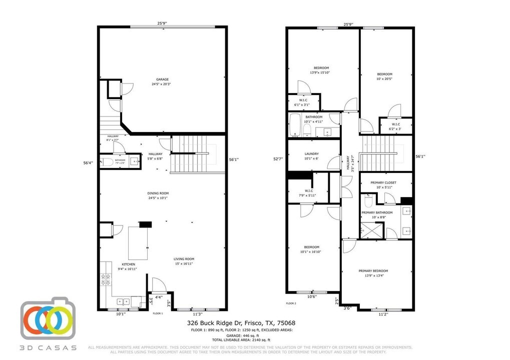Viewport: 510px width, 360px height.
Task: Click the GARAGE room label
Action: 162,79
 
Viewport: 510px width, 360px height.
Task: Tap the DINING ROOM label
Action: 158,193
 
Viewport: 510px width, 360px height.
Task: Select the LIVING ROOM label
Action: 183,258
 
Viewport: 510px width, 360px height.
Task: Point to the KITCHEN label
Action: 129,264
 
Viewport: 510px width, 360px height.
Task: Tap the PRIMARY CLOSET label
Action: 383,182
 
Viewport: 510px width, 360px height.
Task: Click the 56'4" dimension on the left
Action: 88,162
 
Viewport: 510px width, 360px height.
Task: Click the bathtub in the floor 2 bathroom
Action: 295,125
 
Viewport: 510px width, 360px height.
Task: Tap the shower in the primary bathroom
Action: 371,231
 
